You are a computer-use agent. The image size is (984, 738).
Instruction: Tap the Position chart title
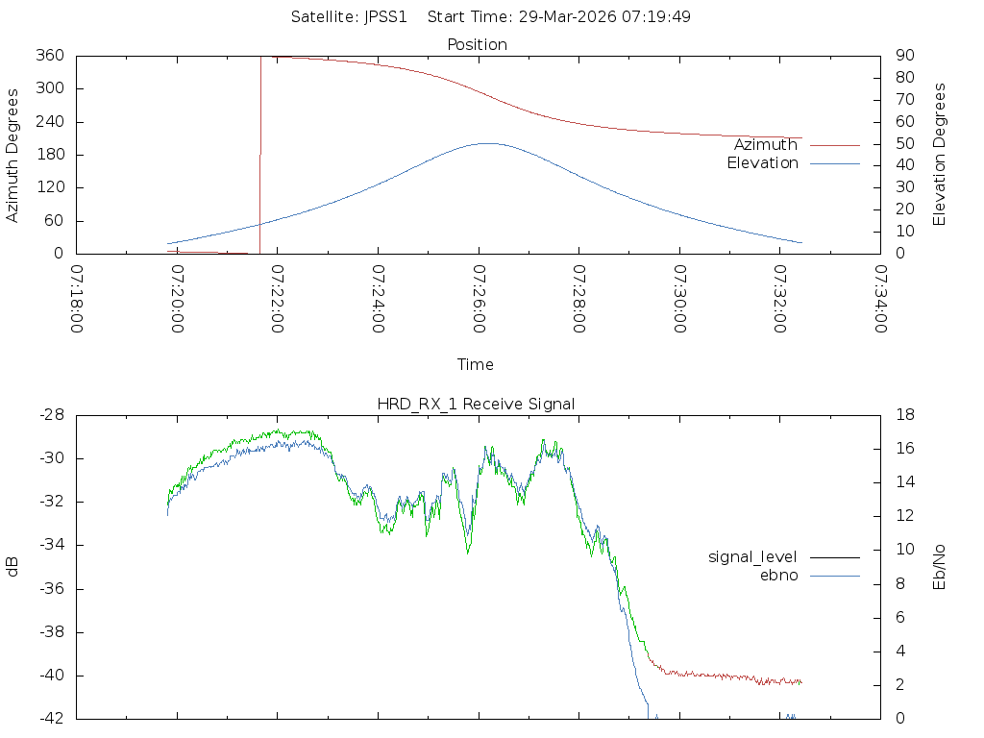click(x=478, y=44)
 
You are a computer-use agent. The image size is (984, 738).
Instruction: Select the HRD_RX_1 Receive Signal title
click(x=476, y=404)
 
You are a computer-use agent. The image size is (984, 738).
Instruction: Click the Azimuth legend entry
click(x=766, y=144)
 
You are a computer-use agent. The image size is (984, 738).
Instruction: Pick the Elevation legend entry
click(x=762, y=163)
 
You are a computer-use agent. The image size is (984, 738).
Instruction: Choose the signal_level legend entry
click(x=752, y=556)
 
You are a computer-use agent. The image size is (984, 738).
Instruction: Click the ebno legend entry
click(x=779, y=576)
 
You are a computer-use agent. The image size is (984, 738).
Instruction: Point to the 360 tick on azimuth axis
click(x=49, y=56)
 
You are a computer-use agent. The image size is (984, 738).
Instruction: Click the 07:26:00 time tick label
click(x=478, y=299)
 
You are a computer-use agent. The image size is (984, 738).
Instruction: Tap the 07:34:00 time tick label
click(x=879, y=299)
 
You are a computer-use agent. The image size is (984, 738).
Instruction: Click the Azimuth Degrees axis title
click(x=13, y=155)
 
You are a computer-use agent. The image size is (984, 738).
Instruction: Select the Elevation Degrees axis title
click(x=940, y=155)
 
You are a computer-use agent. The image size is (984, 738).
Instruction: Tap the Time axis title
click(x=476, y=364)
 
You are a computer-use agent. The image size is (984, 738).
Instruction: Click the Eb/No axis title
click(x=940, y=567)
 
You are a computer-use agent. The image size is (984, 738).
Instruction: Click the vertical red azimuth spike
click(x=260, y=154)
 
